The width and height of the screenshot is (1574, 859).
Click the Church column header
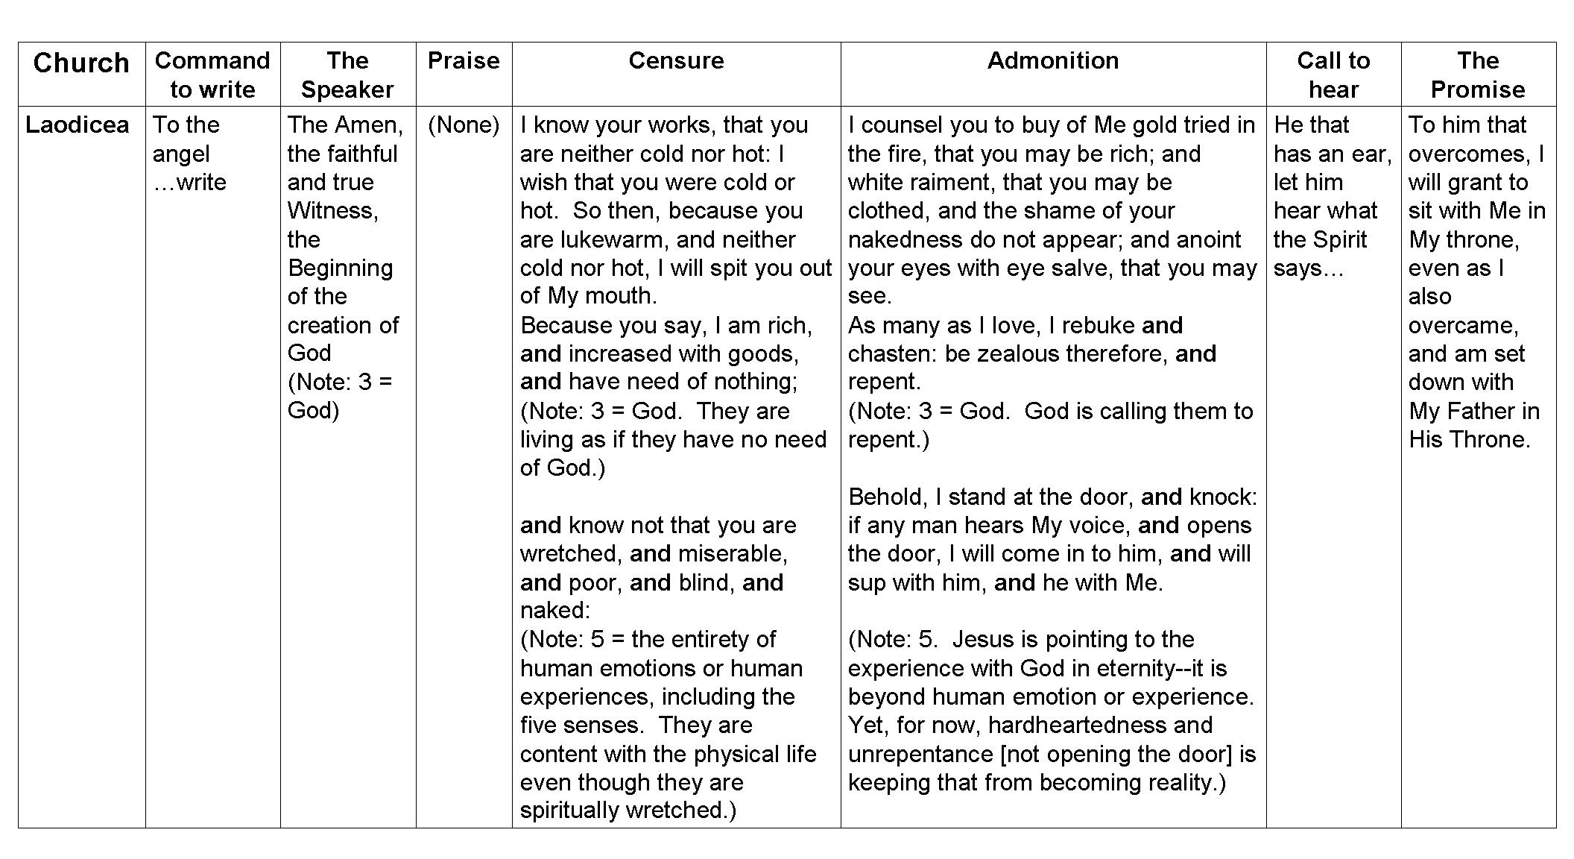point(81,63)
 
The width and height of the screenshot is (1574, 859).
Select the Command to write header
point(212,75)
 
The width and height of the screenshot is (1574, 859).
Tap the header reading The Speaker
point(347,75)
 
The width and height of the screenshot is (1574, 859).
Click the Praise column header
point(464,60)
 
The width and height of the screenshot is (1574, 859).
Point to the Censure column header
point(676,60)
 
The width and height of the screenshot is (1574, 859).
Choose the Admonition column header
point(1053,60)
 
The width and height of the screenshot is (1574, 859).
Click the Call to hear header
point(1333,75)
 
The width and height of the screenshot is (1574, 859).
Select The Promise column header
point(1478,75)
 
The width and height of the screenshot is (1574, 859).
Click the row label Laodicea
point(78,125)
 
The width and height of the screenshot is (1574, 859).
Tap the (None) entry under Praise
point(464,125)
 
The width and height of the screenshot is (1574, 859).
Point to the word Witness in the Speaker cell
point(332,211)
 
